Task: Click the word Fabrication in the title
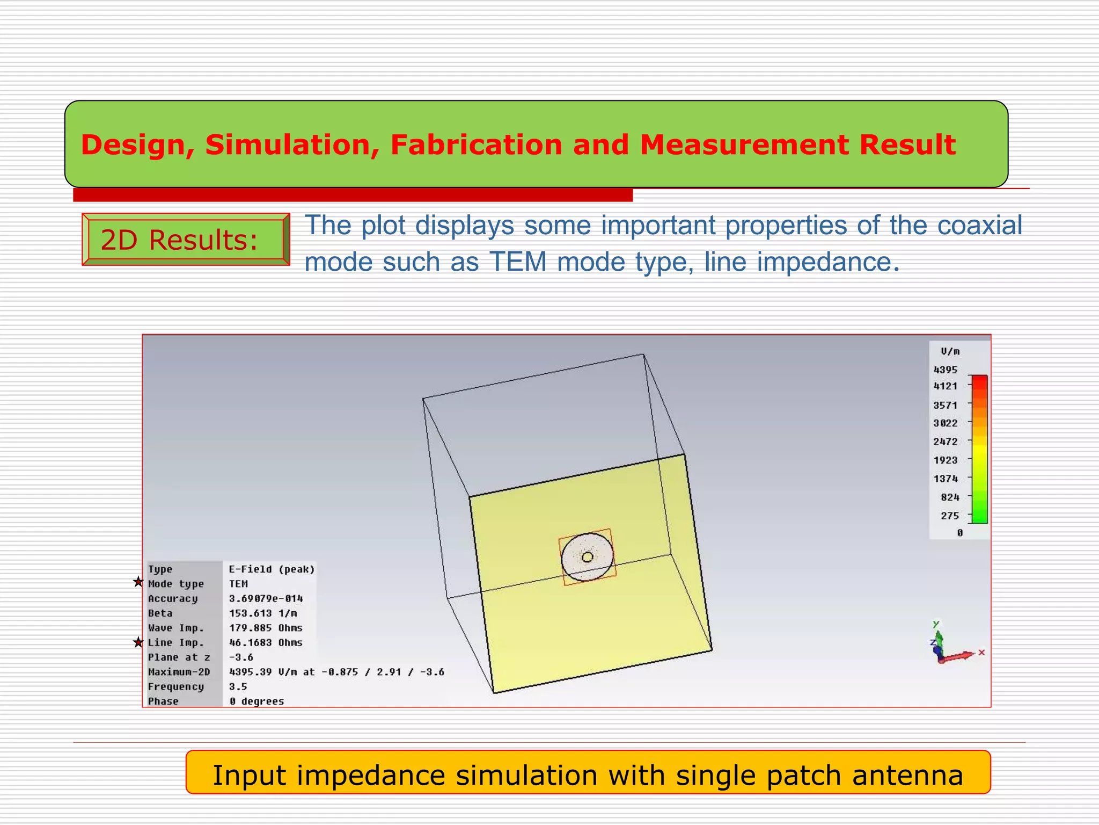tap(476, 145)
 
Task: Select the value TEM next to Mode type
tap(238, 584)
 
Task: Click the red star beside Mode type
tap(138, 582)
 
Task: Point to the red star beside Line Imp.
tap(138, 642)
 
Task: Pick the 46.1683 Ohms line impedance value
tap(266, 642)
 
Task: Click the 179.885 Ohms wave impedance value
tap(266, 628)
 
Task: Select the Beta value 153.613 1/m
tap(263, 613)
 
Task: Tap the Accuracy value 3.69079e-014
tap(266, 598)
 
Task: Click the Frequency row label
tap(176, 686)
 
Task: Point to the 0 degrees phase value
tap(257, 701)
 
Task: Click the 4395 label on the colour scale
tap(945, 370)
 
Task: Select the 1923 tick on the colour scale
tap(945, 460)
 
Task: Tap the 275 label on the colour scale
tap(949, 516)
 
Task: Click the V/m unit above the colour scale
tap(950, 351)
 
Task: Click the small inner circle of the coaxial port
tap(587, 557)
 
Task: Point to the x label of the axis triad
tap(981, 653)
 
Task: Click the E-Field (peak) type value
tap(272, 569)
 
